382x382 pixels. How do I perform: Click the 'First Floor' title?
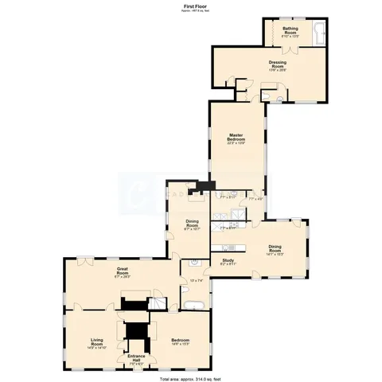click(x=190, y=5)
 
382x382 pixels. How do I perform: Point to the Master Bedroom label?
click(x=236, y=138)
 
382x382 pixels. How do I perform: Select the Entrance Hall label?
click(x=136, y=356)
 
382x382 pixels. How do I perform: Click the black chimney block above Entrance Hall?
click(x=136, y=330)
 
